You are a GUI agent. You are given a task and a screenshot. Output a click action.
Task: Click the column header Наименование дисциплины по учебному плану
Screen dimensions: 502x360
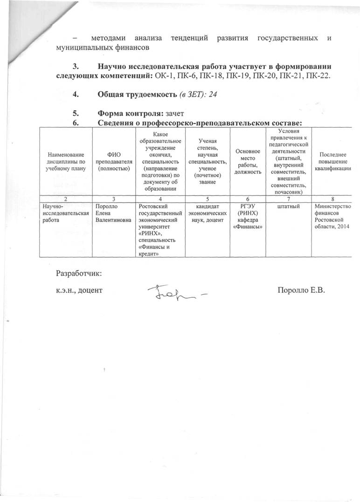point(65,161)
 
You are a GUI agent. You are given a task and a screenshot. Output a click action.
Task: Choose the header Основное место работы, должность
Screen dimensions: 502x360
point(248,161)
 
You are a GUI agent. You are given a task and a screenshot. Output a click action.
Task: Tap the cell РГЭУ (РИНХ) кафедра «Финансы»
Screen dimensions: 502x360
point(248,216)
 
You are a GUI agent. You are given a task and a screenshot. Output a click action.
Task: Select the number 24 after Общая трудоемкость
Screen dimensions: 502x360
point(214,95)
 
